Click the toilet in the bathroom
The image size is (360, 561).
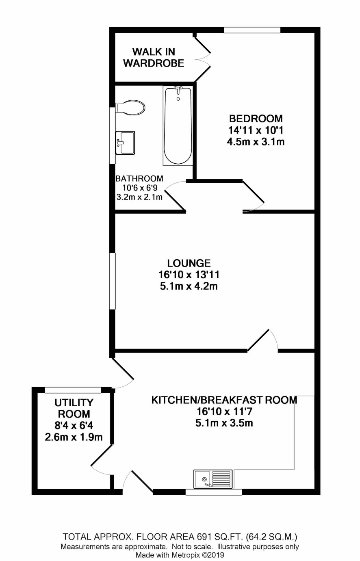(x=130, y=108)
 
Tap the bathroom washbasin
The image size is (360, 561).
(x=125, y=143)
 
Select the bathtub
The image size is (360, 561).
(x=178, y=126)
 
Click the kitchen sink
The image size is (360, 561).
(x=213, y=479)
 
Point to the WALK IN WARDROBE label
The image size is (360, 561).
(x=154, y=57)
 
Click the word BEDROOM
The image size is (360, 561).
(x=256, y=118)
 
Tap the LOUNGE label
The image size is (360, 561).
(x=189, y=263)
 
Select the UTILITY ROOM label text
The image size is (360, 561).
(x=74, y=408)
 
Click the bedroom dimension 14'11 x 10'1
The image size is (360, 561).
(x=256, y=130)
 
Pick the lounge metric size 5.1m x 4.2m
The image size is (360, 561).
(x=189, y=286)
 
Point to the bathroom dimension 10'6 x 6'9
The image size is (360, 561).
(x=139, y=188)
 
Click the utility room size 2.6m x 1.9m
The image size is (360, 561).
(x=74, y=437)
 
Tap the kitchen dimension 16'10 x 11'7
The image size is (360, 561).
(x=224, y=411)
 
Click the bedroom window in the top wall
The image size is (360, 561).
(x=252, y=30)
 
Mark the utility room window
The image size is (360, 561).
(x=73, y=390)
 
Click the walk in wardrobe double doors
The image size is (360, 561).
(x=203, y=59)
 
